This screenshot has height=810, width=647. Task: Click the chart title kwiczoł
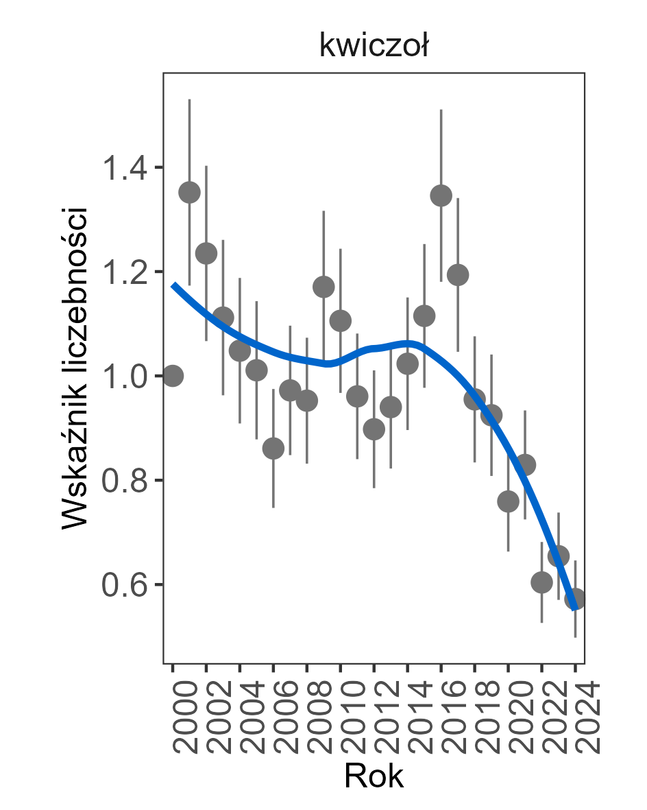tap(374, 47)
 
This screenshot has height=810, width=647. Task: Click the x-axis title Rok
tap(374, 776)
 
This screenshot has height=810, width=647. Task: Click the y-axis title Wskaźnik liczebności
tap(75, 367)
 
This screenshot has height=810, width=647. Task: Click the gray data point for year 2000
tap(173, 376)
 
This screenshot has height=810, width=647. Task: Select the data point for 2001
tap(189, 193)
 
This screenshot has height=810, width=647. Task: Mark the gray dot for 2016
tap(441, 195)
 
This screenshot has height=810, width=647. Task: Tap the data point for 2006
tap(273, 449)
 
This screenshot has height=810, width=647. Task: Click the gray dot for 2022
tap(541, 582)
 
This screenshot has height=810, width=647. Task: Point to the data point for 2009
tap(323, 287)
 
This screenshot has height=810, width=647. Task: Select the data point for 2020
tap(508, 501)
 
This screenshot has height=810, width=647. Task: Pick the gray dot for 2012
tap(374, 429)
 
